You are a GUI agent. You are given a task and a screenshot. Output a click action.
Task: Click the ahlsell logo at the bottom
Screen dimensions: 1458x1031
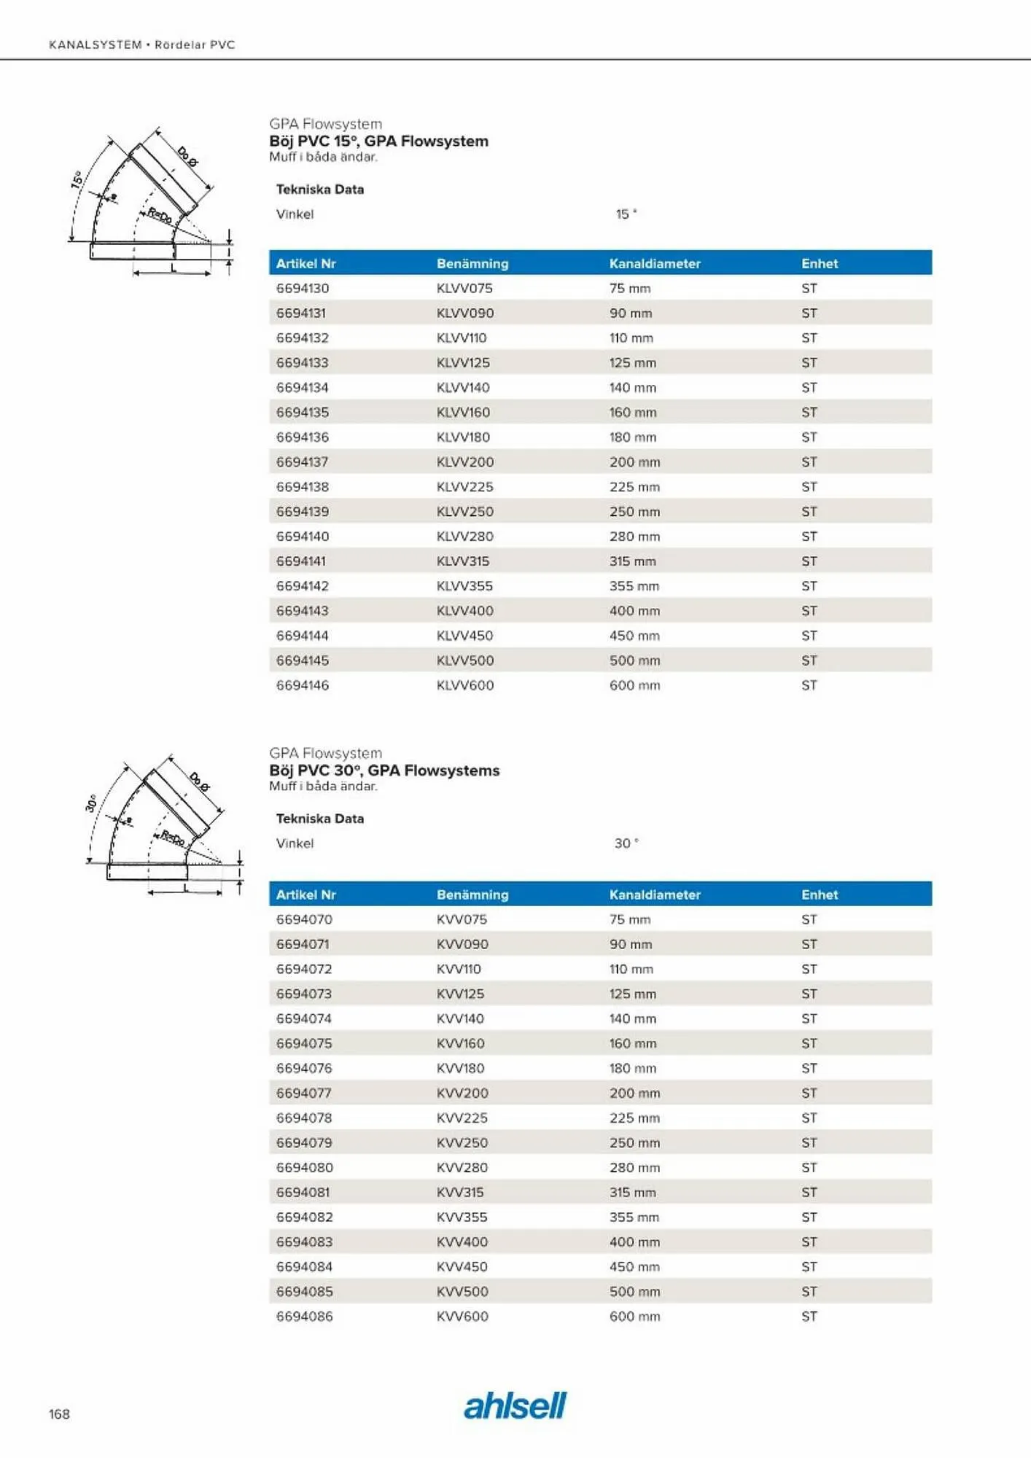(x=515, y=1406)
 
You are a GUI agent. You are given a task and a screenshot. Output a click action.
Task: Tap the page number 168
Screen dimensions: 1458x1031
(x=59, y=1414)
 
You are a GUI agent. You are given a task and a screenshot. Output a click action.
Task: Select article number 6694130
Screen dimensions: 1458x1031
(x=303, y=288)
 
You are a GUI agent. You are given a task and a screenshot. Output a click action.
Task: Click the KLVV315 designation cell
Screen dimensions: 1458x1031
(x=463, y=561)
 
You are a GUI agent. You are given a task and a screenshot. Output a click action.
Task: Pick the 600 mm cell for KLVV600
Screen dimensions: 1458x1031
(x=634, y=685)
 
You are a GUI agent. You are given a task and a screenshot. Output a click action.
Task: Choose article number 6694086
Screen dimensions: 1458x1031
(x=304, y=1316)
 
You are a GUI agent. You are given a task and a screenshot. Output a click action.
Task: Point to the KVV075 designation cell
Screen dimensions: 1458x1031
(x=462, y=919)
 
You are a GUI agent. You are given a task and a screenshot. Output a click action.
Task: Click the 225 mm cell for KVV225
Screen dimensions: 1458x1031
(x=634, y=1118)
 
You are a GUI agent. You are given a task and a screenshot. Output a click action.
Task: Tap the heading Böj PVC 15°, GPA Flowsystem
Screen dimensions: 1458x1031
(x=378, y=141)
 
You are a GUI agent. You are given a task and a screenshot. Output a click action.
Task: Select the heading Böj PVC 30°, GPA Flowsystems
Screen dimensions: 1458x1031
(x=384, y=771)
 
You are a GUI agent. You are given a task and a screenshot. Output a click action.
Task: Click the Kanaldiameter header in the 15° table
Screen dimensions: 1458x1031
(x=655, y=263)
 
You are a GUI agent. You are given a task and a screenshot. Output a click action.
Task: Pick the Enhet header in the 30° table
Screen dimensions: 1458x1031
(x=820, y=894)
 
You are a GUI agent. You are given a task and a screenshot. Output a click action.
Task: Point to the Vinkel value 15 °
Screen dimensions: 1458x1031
(x=626, y=214)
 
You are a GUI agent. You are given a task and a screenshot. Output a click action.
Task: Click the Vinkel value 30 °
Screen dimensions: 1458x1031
(x=626, y=843)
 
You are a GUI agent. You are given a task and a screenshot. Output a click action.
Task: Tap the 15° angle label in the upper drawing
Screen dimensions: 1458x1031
(x=77, y=180)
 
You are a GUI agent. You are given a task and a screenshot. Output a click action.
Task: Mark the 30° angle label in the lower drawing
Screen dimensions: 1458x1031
(x=91, y=803)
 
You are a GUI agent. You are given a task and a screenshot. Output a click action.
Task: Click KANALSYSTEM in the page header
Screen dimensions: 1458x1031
(x=96, y=44)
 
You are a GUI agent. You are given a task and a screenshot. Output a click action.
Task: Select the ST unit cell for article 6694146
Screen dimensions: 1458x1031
(x=809, y=685)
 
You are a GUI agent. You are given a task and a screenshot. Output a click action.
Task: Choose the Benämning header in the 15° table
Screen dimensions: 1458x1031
(x=472, y=263)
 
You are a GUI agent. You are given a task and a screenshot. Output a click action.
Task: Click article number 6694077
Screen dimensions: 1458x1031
(x=304, y=1093)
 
